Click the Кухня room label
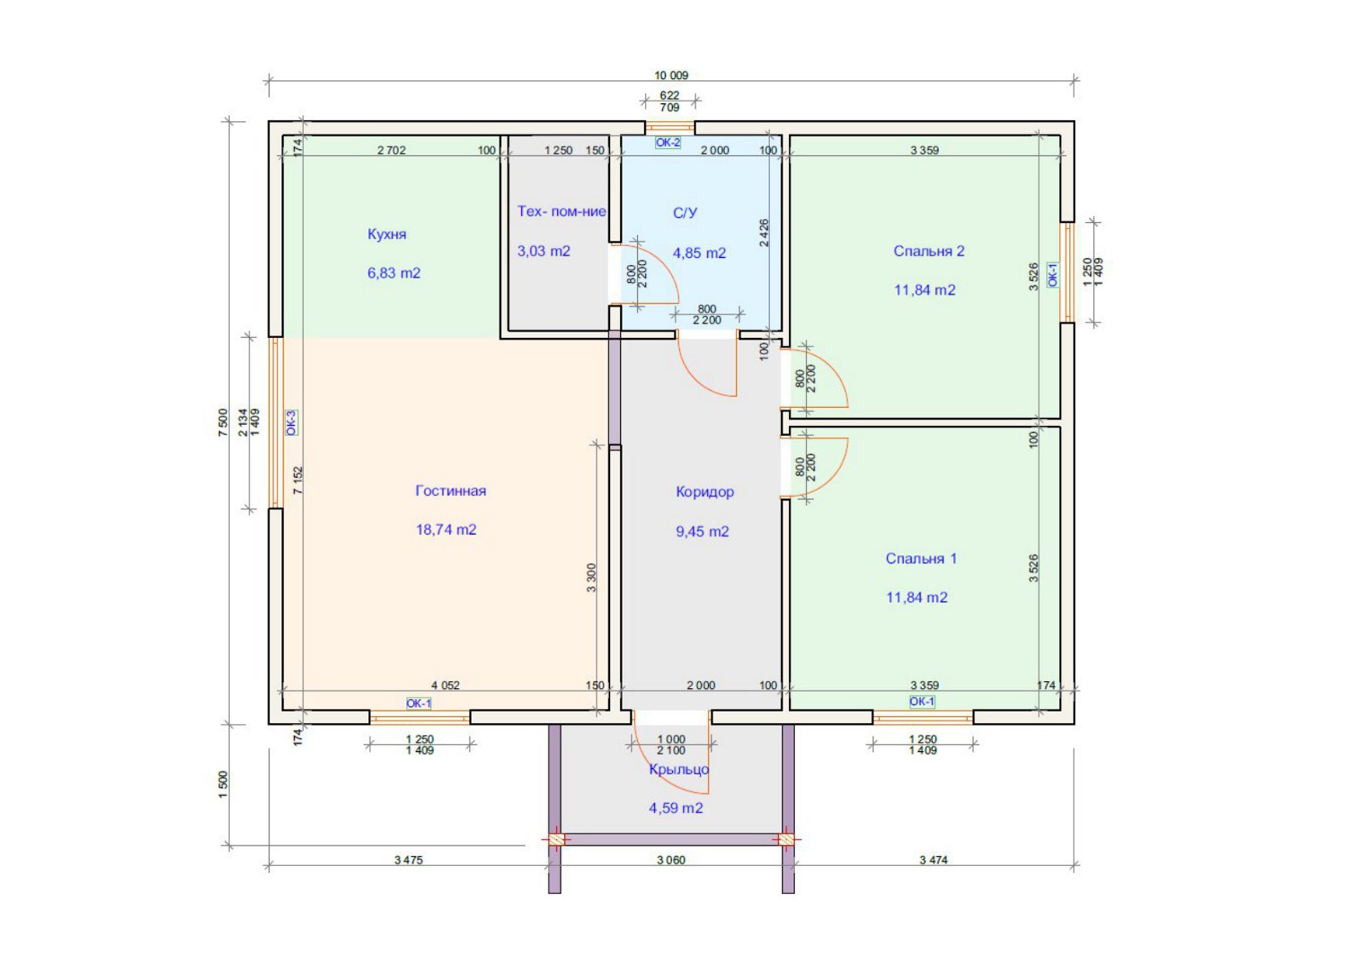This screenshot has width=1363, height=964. point(387,234)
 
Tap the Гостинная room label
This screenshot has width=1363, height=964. point(451,491)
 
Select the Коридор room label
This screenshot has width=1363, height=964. point(705,492)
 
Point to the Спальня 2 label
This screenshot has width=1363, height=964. point(929,251)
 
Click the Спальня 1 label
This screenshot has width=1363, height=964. point(921,559)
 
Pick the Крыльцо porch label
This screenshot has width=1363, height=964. point(678,769)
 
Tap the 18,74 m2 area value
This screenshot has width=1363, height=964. point(446,530)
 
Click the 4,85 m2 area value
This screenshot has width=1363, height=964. point(699,253)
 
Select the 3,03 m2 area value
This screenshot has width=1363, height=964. point(543,251)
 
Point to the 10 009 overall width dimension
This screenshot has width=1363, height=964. point(671,76)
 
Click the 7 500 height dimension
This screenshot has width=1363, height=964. point(222,422)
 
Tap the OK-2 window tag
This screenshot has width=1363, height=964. point(668,143)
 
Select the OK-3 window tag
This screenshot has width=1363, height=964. point(291,422)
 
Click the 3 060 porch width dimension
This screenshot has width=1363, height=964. point(671,860)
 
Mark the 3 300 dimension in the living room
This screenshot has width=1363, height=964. point(591,577)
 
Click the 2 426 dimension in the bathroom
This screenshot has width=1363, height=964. point(764,232)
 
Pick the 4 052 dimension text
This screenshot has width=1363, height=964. point(446,686)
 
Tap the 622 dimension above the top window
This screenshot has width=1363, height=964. point(670,95)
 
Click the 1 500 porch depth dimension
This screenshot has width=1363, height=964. point(222,785)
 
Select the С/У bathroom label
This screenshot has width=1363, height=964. point(685,213)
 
